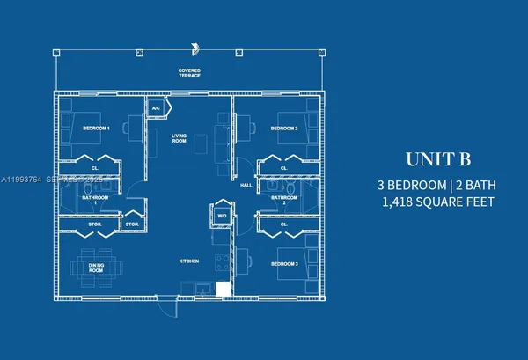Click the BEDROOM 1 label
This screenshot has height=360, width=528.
(96, 129)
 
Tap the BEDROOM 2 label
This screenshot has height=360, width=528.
(284, 129)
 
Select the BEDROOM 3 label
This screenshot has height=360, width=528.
(284, 264)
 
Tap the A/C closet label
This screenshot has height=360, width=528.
(156, 108)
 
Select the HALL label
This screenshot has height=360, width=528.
(246, 186)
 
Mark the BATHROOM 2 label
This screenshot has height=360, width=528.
(283, 200)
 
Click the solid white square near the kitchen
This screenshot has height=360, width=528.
(224, 289)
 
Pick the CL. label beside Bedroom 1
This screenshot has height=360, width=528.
(94, 167)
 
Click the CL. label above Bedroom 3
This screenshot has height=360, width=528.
(283, 224)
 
